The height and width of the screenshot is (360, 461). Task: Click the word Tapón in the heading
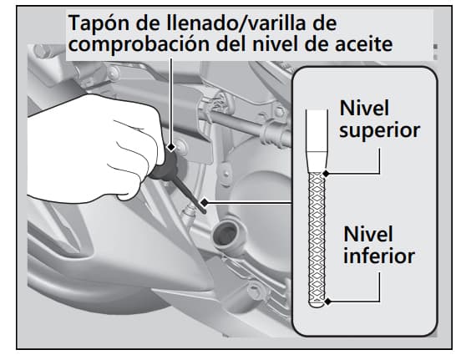tap(98, 21)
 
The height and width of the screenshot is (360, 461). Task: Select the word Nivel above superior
tap(364, 108)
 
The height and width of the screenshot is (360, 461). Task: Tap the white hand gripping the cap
tap(92, 155)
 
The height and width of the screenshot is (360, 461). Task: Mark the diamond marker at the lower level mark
tap(329, 302)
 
